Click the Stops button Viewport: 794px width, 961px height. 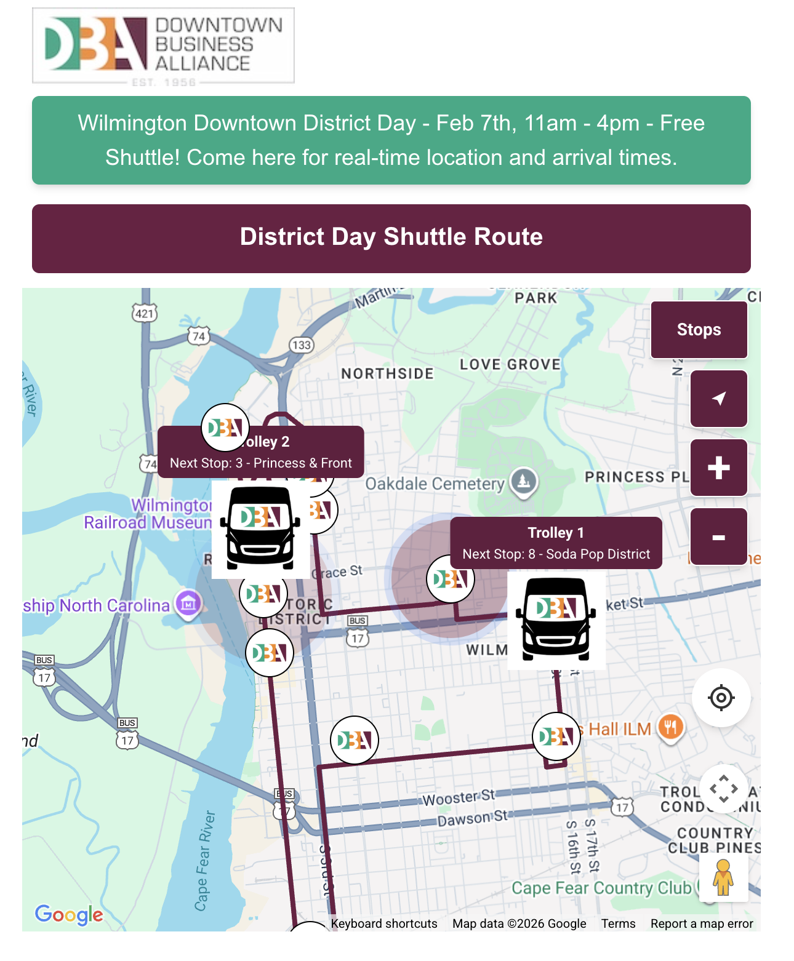pyautogui.click(x=699, y=330)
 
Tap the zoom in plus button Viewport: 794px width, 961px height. pyautogui.click(x=718, y=468)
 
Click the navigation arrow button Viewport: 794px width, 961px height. pyautogui.click(x=718, y=399)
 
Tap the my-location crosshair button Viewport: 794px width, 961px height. pyautogui.click(x=721, y=698)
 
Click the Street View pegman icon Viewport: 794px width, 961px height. pyautogui.click(x=723, y=877)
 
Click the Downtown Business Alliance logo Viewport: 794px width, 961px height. pyautogui.click(x=163, y=46)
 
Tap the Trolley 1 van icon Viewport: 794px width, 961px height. pyautogui.click(x=556, y=620)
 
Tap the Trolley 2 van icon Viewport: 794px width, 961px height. pyautogui.click(x=260, y=528)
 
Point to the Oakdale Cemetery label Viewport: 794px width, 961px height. pyautogui.click(x=435, y=484)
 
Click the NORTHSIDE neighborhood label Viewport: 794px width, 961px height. pyautogui.click(x=387, y=373)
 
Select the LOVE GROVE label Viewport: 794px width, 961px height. pyautogui.click(x=510, y=364)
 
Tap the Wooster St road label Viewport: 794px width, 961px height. pyautogui.click(x=458, y=798)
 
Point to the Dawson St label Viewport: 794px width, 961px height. pyautogui.click(x=472, y=818)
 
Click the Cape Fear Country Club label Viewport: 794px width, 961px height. pyautogui.click(x=601, y=888)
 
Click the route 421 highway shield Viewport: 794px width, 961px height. pyautogui.click(x=145, y=313)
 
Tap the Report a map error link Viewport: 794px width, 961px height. pyautogui.click(x=702, y=923)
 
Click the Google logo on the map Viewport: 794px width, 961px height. pyautogui.click(x=69, y=915)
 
